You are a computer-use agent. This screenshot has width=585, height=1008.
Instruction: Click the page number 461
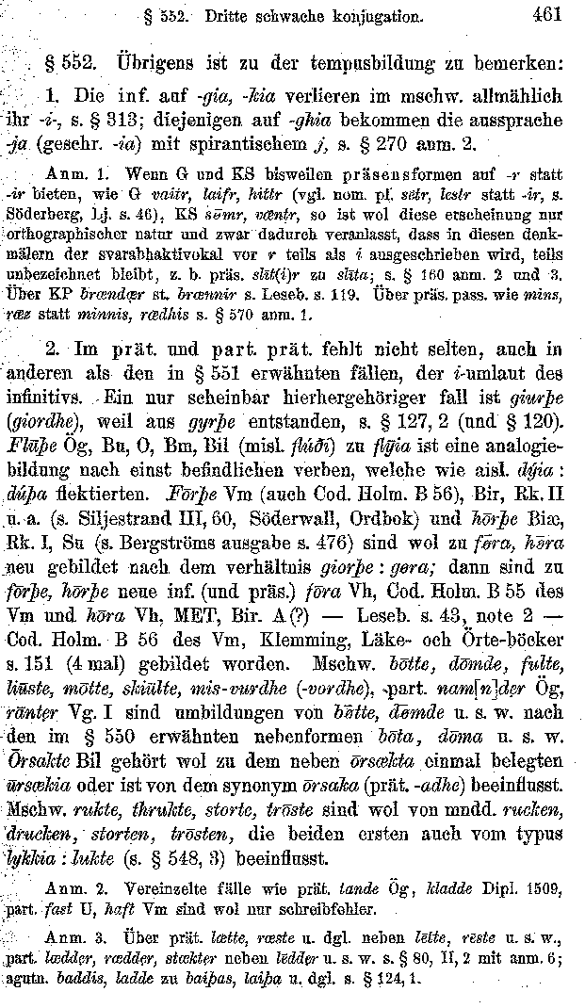click(545, 14)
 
